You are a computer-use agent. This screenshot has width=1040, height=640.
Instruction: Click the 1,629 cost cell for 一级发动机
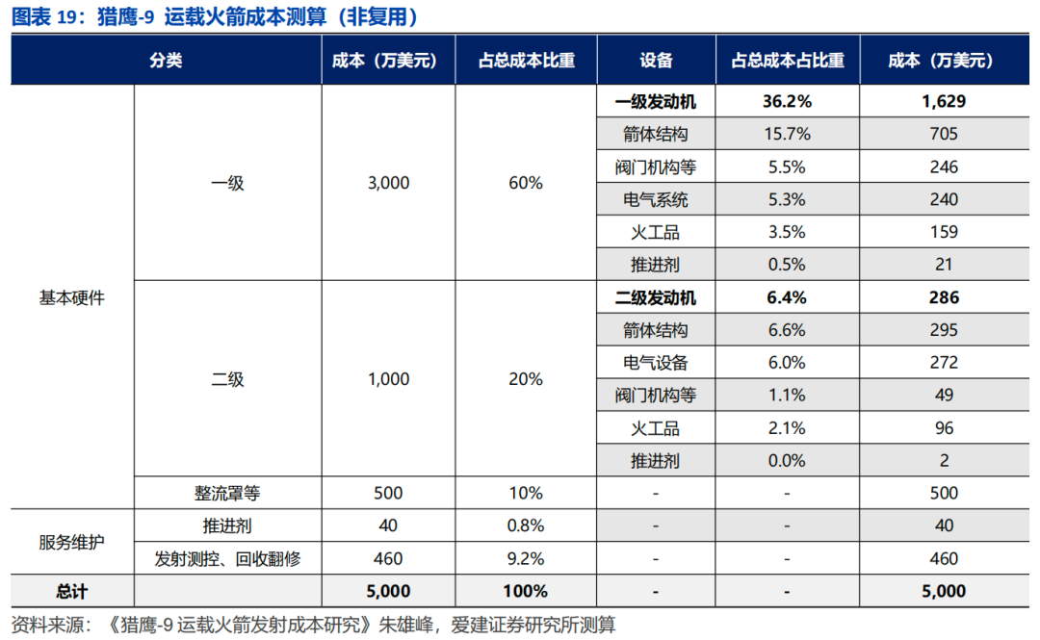point(944,101)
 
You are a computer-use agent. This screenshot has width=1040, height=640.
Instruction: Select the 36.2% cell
point(787,101)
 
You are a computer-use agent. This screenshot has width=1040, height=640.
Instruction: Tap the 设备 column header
point(656,61)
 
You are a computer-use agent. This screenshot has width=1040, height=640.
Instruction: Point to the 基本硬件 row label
point(71,298)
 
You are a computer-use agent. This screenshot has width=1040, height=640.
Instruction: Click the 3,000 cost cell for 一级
point(388,183)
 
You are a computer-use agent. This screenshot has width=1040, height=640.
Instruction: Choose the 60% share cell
point(526,183)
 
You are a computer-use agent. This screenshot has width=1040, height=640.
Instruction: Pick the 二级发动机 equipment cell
point(656,298)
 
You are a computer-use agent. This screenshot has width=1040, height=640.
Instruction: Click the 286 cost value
point(944,298)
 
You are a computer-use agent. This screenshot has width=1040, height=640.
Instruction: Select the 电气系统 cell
point(656,200)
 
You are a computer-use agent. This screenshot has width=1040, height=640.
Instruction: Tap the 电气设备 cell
point(656,363)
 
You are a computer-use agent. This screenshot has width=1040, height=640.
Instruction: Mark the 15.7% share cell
point(787,134)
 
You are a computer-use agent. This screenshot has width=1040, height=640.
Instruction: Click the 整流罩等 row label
point(227,494)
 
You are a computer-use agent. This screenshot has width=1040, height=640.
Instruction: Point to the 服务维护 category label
point(71,542)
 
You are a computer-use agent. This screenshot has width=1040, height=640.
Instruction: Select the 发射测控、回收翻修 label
point(227,559)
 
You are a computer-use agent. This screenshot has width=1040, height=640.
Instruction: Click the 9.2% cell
point(526,559)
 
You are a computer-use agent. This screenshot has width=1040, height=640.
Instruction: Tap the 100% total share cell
point(526,592)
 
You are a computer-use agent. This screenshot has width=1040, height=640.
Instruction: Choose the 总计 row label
point(71,592)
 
